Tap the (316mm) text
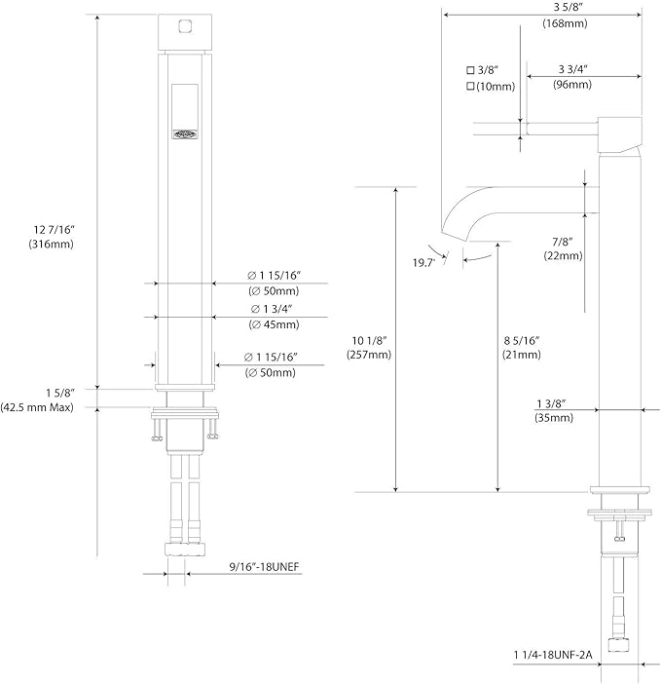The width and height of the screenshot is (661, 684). (51, 244)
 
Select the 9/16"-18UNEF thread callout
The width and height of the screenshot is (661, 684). (265, 567)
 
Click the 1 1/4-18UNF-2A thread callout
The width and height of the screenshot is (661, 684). (553, 655)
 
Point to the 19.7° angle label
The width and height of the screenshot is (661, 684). (424, 263)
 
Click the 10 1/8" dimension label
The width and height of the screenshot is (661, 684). (369, 340)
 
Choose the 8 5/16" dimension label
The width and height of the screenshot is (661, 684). (522, 340)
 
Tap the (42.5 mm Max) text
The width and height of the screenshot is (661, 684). (37, 407)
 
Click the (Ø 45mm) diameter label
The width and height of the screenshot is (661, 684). (275, 324)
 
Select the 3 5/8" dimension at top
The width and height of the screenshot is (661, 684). (569, 7)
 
